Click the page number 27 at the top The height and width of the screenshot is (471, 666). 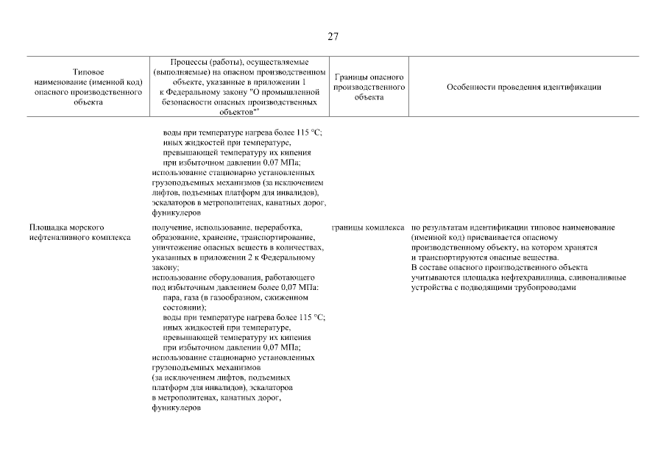pos(333,37)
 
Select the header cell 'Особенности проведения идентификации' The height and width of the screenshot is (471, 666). pos(523,87)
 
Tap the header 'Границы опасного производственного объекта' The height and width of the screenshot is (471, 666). pos(369,87)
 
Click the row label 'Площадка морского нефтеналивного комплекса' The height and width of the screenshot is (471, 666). pos(79,233)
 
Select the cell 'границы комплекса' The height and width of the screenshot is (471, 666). pos(368,228)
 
